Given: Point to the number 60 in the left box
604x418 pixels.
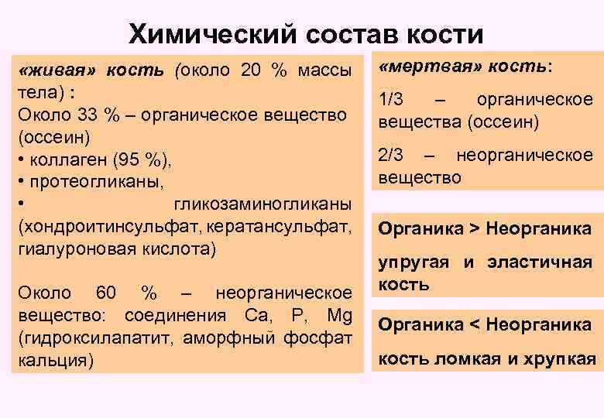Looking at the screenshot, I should [x=106, y=294].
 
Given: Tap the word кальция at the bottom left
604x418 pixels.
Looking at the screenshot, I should [x=53, y=361].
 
